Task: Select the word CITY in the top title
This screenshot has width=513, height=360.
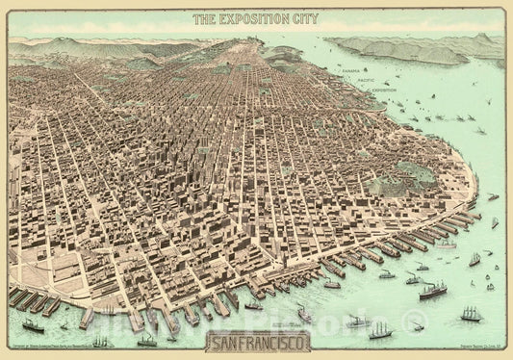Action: [303, 19]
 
